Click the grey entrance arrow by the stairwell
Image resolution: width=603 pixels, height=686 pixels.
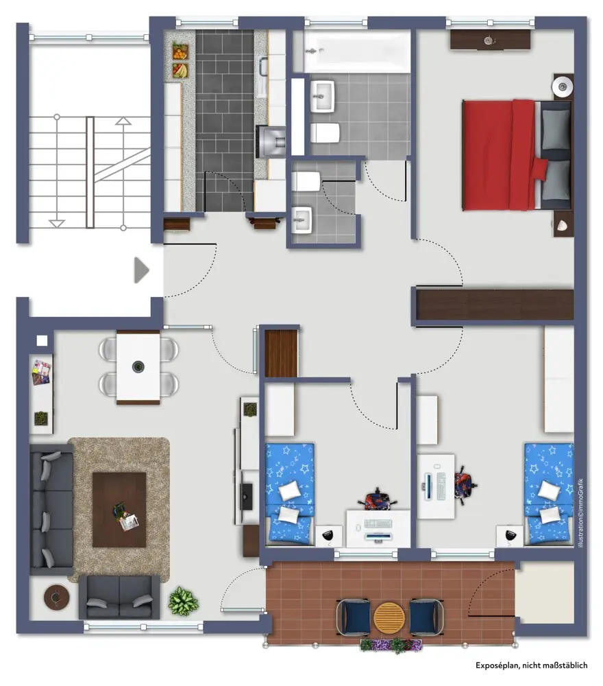pyautogui.click(x=141, y=270)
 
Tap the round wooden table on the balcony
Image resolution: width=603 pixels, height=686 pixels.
pyautogui.click(x=388, y=617)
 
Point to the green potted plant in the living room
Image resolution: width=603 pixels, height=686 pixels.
pyautogui.click(x=183, y=602)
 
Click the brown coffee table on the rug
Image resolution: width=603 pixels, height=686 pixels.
pyautogui.click(x=119, y=510)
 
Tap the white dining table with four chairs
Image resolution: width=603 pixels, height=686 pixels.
pyautogui.click(x=138, y=367)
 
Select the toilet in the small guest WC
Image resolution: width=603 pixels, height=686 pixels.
pyautogui.click(x=306, y=181)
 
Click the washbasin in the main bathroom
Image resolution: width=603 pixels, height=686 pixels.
pyautogui.click(x=323, y=96)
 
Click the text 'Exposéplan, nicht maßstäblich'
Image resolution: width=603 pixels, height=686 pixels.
pyautogui.click(x=531, y=665)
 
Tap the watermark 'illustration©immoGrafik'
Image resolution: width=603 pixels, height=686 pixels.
pyautogui.click(x=580, y=512)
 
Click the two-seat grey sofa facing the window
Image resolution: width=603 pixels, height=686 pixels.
pyautogui.click(x=119, y=598)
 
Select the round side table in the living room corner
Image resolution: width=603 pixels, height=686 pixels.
pyautogui.click(x=56, y=598)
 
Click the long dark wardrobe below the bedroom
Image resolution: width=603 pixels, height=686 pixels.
pyautogui.click(x=494, y=305)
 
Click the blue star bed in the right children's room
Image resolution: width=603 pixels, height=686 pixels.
pyautogui.click(x=549, y=493)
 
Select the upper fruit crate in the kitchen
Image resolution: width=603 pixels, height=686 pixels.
pyautogui.click(x=180, y=51)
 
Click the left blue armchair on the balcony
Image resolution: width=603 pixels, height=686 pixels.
pyautogui.click(x=353, y=617)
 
